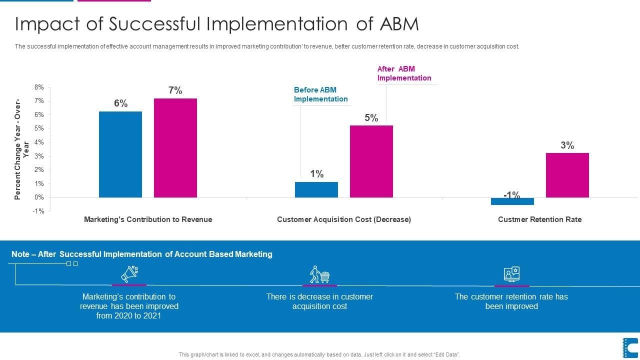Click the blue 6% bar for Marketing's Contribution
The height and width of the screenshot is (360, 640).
(x=120, y=154)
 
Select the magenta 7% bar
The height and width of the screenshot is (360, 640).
(x=175, y=148)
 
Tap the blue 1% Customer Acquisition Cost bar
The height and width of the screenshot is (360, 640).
(x=316, y=189)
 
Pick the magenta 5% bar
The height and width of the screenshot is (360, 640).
(x=371, y=161)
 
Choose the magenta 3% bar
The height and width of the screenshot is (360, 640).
(x=567, y=175)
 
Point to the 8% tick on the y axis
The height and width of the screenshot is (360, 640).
(x=39, y=87)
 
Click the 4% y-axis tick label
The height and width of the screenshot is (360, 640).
(x=39, y=142)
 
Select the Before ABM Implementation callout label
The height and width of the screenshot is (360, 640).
(x=320, y=94)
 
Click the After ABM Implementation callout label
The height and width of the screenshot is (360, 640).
(x=404, y=73)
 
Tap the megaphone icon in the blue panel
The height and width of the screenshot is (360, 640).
(x=129, y=274)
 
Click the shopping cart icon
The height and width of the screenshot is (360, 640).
(x=319, y=274)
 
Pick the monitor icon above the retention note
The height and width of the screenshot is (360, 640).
(x=511, y=274)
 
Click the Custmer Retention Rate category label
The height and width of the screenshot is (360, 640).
(x=539, y=219)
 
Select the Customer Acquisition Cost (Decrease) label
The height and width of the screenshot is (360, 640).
(x=344, y=219)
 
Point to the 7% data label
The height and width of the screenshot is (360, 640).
(x=175, y=90)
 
